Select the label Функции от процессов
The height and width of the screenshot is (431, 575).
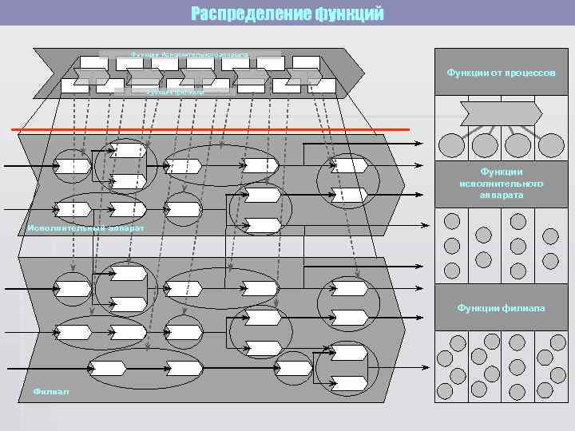coord(501,73)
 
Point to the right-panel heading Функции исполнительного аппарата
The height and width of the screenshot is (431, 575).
coord(502,183)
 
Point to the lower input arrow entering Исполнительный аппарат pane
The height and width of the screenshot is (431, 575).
coord(28,209)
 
